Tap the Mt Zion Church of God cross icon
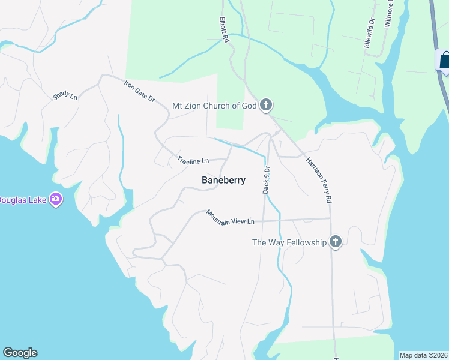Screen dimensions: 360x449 (x=266, y=106)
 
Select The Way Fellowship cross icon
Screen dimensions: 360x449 (x=336, y=242)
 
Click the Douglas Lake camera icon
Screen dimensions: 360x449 (x=56, y=199)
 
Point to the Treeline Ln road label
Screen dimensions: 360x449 (x=193, y=160)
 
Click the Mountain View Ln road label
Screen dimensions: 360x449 (x=231, y=217)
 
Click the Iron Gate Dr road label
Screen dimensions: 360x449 (x=140, y=91)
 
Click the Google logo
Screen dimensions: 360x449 (x=20, y=353)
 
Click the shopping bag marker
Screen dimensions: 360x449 (x=444, y=61)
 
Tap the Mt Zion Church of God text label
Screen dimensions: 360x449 (x=214, y=106)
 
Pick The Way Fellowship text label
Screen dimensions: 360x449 (x=289, y=242)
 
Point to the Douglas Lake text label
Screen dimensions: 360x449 (x=22, y=200)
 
